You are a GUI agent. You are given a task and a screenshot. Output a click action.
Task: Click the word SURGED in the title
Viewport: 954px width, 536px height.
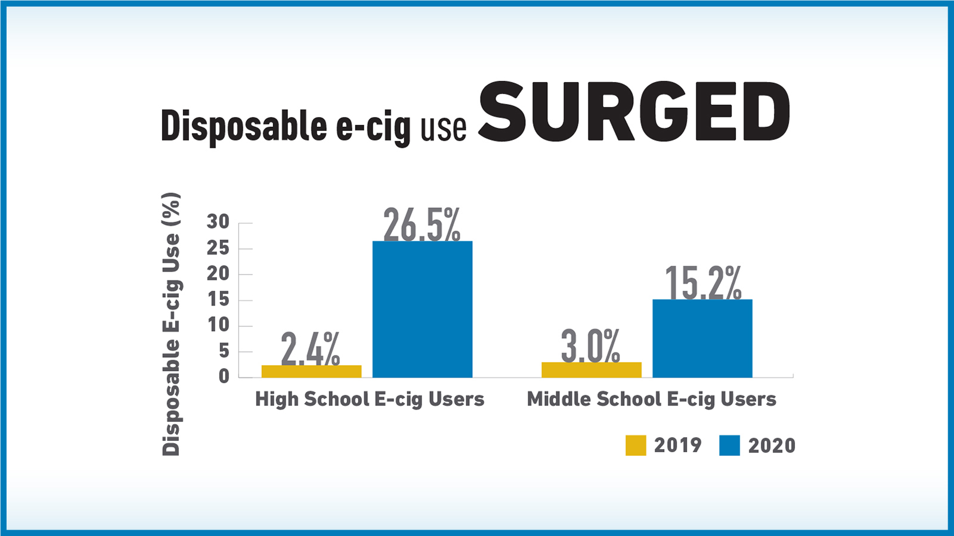[x=634, y=113]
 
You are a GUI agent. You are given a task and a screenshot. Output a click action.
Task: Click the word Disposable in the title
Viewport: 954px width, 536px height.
[x=244, y=126]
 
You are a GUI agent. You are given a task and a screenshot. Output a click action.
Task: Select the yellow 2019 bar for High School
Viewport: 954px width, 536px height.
[x=311, y=371]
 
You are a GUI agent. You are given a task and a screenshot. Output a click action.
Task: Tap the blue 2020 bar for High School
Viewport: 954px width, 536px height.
[x=422, y=309]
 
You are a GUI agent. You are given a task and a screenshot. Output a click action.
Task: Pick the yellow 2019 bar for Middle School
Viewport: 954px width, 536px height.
[x=591, y=369]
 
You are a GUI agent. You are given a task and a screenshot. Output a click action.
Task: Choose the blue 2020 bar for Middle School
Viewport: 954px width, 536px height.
[x=702, y=338]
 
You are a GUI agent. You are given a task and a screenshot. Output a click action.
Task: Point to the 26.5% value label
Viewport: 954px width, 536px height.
[x=422, y=225]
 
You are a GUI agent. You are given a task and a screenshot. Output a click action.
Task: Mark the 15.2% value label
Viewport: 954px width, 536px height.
[x=703, y=283]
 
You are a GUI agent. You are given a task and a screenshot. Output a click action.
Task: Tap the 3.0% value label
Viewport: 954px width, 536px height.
[x=590, y=346]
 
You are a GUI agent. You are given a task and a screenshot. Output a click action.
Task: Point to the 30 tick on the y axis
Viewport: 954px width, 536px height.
[x=218, y=222]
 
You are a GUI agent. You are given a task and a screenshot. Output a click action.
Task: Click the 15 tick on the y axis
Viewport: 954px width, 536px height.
[x=218, y=300]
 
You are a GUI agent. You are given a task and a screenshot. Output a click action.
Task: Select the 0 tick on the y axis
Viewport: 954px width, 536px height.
[x=224, y=376]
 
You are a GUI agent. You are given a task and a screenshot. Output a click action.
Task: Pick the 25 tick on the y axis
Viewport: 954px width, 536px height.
[x=218, y=248]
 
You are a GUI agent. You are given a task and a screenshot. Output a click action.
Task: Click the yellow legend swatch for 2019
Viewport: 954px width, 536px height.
[x=636, y=445]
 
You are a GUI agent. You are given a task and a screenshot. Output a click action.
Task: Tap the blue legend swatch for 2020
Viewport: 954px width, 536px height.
[x=729, y=445]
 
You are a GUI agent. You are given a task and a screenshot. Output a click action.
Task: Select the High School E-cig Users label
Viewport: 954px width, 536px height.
[x=370, y=399]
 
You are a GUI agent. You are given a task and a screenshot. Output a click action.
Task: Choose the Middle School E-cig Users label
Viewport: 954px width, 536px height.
[x=651, y=399]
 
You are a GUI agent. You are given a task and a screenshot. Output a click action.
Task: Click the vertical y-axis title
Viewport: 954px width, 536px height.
[x=171, y=325]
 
